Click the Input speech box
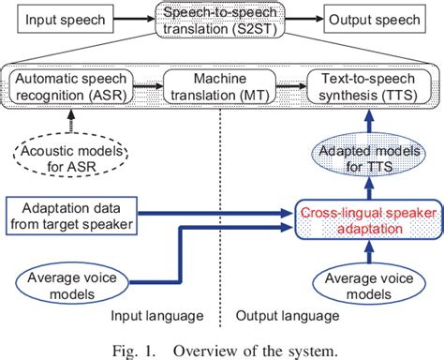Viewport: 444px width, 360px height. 61,20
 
